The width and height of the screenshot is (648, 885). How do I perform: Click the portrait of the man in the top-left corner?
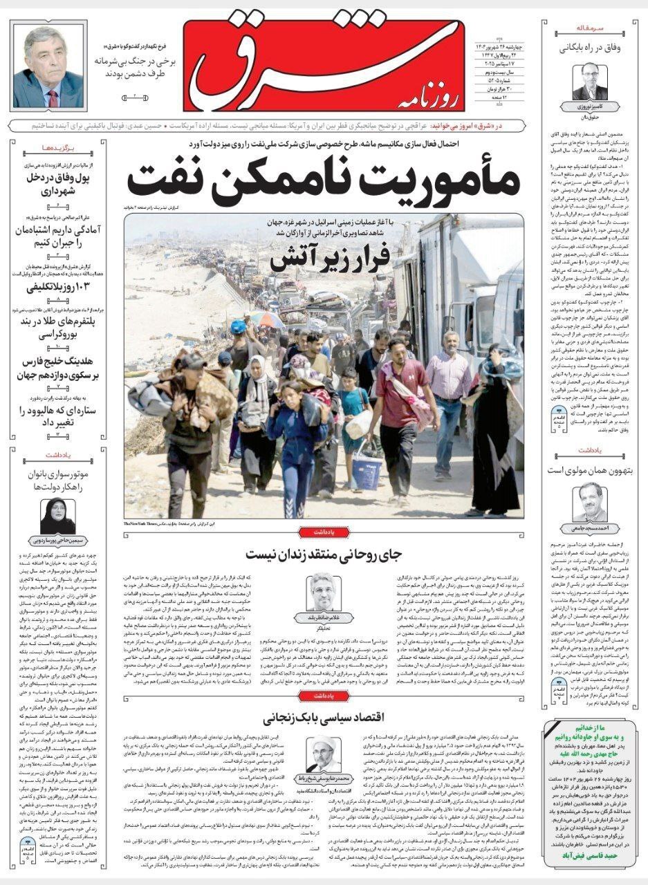(x=48, y=68)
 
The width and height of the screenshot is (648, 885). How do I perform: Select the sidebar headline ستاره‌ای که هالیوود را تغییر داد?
(x=57, y=417)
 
